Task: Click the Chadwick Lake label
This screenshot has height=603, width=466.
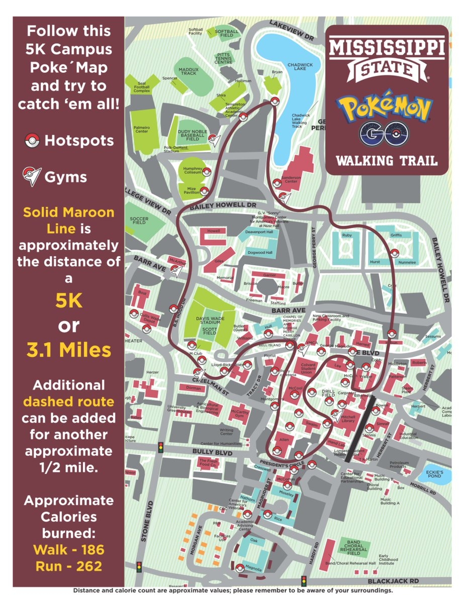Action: click(300, 68)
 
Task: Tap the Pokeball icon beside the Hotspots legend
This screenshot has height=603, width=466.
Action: click(32, 141)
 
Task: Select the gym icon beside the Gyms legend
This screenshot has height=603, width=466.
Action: click(32, 177)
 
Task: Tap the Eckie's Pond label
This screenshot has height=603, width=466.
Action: click(435, 475)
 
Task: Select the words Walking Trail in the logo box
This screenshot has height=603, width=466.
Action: click(386, 161)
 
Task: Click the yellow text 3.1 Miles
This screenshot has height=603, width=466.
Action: click(69, 350)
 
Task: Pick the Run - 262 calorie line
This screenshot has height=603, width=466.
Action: click(69, 566)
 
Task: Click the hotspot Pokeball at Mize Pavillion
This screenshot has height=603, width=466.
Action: click(204, 190)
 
